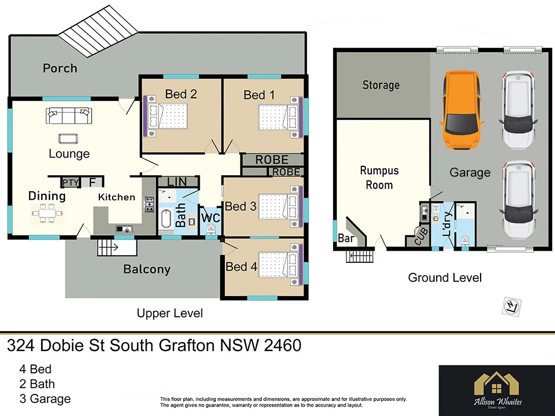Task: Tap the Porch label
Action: coord(60,68)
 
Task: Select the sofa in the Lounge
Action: coord(68,116)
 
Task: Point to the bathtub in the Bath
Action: coord(165,221)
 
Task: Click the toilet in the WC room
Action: coord(210,230)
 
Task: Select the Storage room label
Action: coord(381,85)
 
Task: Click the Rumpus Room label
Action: coord(379,177)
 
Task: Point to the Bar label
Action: coord(345,238)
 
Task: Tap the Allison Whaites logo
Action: coord(497,390)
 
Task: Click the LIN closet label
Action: coord(177,181)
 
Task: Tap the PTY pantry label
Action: coord(70,182)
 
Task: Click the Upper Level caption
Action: coord(169,313)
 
